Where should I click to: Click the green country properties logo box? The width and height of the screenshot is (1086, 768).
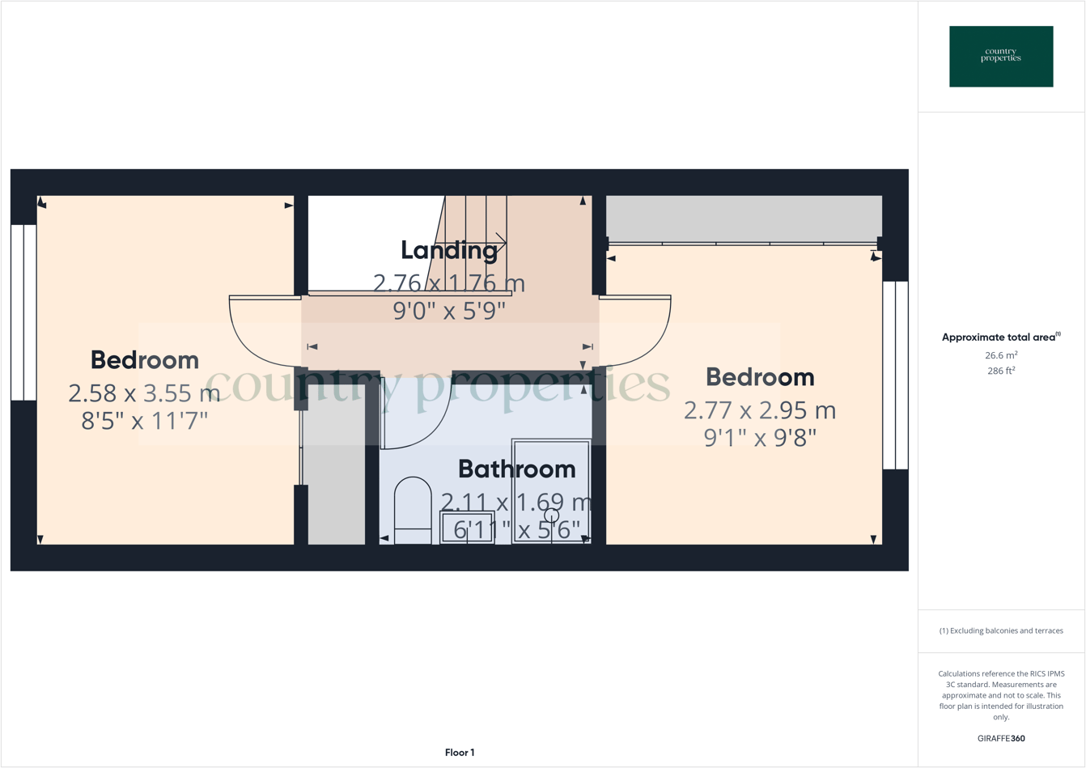coord(1001,57)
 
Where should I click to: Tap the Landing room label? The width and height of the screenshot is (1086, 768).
coord(449,250)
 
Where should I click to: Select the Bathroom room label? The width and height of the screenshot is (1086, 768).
coord(516,469)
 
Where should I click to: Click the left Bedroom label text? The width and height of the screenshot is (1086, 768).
coord(145,359)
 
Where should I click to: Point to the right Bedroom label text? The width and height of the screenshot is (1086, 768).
coord(760,376)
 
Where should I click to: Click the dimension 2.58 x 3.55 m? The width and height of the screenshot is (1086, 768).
coord(144,393)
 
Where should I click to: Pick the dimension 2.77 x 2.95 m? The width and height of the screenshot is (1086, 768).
coord(759,410)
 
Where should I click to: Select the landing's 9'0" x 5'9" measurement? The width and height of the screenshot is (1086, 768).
coord(449,311)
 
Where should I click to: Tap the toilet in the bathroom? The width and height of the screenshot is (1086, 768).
coord(413,510)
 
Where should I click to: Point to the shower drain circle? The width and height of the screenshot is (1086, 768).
coord(552,516)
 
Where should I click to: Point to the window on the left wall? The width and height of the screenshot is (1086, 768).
coord(23,312)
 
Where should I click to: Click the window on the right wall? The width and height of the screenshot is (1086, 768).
coord(895,375)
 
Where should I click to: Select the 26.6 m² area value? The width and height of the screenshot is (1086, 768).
coord(1001,355)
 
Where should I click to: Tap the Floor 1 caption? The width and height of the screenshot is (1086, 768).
coord(460,753)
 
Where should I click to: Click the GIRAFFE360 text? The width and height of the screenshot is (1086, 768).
coord(1001,738)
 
